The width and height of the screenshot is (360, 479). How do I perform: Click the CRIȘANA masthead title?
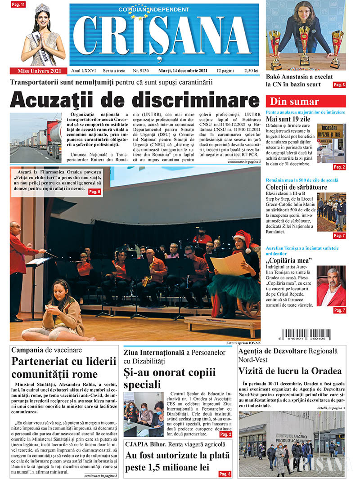[164, 40]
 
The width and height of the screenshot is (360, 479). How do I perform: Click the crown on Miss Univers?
[42, 8]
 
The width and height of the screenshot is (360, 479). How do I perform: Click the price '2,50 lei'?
[250, 71]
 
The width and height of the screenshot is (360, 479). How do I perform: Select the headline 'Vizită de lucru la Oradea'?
[290, 371]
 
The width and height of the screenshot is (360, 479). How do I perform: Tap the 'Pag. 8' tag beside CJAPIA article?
[225, 474]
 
